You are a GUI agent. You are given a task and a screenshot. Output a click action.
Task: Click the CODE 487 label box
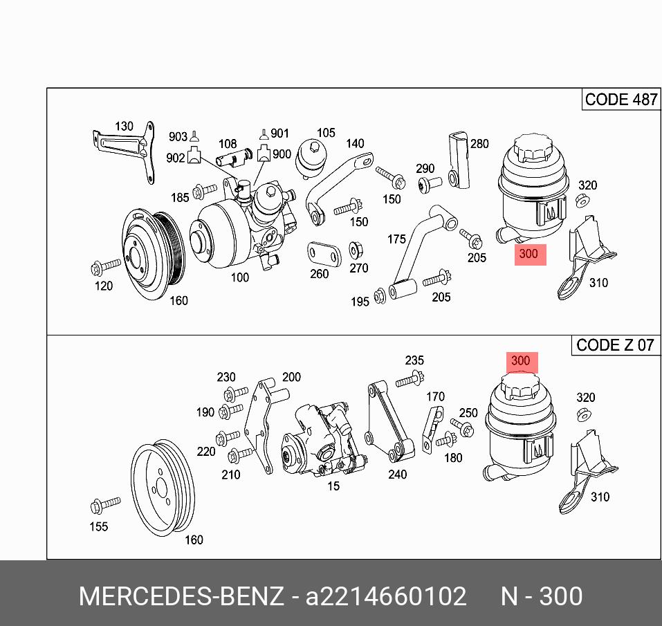coord(620,100)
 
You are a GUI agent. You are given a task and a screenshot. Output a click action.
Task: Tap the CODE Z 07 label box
coord(614,344)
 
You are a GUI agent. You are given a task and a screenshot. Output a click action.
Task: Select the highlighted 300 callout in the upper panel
coord(528,254)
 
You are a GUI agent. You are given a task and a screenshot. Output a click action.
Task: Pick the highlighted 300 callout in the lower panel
coord(520,360)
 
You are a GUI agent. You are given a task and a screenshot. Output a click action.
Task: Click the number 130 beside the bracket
coord(124,126)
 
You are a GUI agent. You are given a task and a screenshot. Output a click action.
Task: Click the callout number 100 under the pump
coord(240,277)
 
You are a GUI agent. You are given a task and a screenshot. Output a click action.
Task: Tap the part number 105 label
coord(326,133)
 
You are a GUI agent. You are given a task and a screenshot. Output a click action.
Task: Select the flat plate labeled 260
coord(324,254)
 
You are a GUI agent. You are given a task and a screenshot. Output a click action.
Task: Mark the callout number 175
coord(396,239)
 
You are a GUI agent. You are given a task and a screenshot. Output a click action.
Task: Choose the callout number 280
coord(479,144)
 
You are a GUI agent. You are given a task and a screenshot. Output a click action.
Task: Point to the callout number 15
coord(333,486)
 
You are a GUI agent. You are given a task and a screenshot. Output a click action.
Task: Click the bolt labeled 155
coord(98,506)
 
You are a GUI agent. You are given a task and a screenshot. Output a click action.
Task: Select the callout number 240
coord(398,475)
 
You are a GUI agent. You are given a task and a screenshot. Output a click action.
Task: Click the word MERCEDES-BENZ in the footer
coord(181,596)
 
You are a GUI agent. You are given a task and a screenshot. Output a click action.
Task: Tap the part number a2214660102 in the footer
coord(386,596)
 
